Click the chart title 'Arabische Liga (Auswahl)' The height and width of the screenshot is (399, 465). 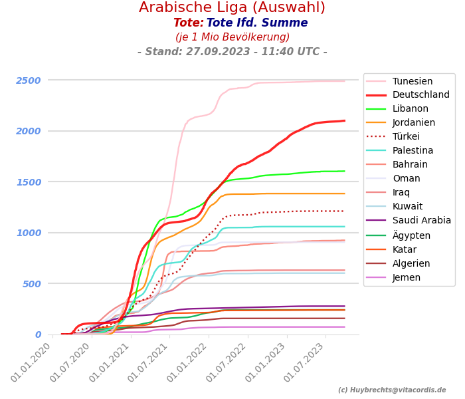[x=232, y=8]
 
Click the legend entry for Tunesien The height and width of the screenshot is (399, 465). [x=412, y=81]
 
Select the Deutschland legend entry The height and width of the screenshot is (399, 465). [x=420, y=95]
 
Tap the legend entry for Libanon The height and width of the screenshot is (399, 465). [x=410, y=109]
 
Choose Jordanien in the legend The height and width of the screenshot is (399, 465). [x=413, y=123]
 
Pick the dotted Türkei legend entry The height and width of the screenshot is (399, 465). [x=407, y=137]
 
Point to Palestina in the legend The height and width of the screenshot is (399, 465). [x=413, y=151]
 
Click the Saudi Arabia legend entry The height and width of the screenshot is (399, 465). [x=421, y=221]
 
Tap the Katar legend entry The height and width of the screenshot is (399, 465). [x=405, y=249]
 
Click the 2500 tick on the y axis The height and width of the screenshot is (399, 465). [x=29, y=80]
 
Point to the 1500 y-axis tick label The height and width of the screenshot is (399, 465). [x=29, y=182]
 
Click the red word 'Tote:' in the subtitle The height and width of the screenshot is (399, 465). [x=188, y=23]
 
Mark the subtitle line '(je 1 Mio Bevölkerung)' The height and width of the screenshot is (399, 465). [x=232, y=37]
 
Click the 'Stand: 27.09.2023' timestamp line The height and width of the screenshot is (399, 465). [x=232, y=52]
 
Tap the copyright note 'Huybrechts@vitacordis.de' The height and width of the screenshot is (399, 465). [x=392, y=390]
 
